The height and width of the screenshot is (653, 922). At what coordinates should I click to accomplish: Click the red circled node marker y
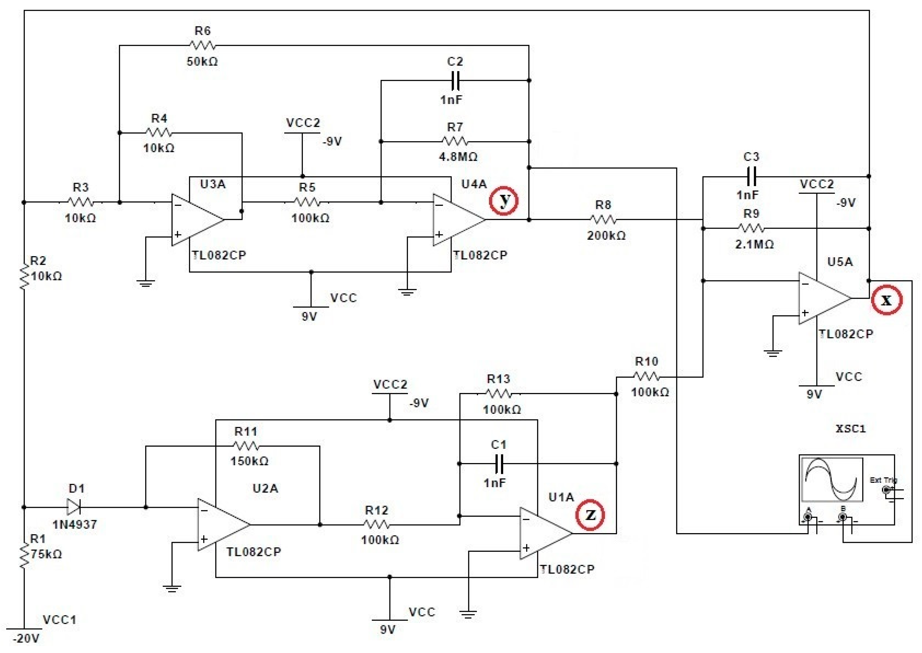[x=503, y=201]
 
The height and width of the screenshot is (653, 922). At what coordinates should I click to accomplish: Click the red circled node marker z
[x=590, y=515]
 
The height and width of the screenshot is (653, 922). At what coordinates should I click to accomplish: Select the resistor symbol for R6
[x=203, y=45]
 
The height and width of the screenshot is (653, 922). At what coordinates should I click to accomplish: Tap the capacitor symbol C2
[x=455, y=80]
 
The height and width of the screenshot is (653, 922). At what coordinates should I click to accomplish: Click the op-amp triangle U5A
[x=824, y=298]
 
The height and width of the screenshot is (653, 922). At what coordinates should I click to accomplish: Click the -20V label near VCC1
[x=26, y=639]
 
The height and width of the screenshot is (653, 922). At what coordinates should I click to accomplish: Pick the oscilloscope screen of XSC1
[x=832, y=479]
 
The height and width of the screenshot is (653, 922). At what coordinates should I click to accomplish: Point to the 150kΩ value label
[x=249, y=461]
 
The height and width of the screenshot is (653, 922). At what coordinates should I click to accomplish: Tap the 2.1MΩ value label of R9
[x=754, y=244]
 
